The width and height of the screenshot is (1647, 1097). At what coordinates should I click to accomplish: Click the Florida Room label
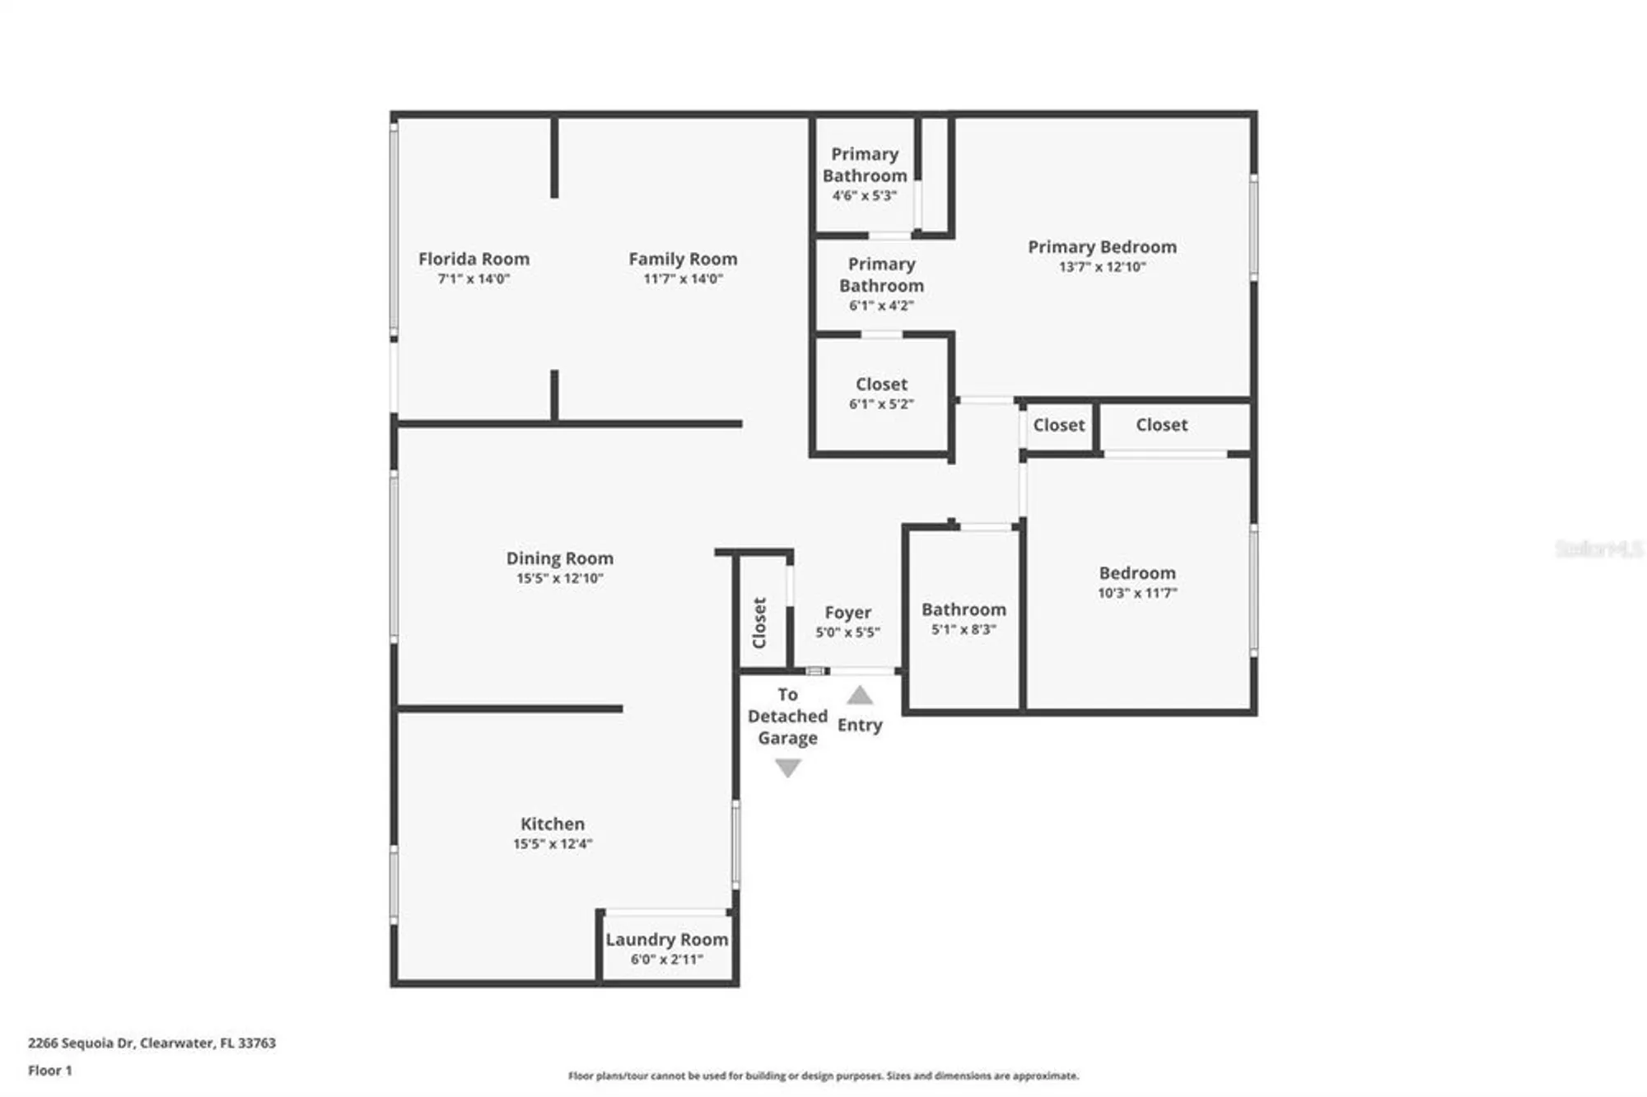(474, 259)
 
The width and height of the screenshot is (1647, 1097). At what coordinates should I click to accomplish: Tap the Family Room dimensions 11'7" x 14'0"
(683, 279)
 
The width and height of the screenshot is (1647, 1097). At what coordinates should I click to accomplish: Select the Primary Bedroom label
(1102, 247)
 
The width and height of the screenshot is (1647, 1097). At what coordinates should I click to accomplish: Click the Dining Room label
(559, 558)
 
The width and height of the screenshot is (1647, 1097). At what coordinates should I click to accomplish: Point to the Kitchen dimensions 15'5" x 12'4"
(553, 844)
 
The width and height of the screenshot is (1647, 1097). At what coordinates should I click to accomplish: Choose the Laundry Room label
(666, 940)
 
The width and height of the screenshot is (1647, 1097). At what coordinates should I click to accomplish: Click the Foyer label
(847, 613)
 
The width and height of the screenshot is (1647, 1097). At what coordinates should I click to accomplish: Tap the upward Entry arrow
(860, 696)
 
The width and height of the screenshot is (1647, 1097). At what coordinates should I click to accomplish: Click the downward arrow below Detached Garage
(788, 768)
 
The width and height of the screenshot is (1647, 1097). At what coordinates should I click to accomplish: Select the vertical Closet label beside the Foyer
(759, 623)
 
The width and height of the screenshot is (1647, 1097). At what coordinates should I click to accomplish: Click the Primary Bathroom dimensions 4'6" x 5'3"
(864, 196)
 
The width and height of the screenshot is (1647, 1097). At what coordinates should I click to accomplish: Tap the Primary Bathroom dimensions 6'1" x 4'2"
(881, 306)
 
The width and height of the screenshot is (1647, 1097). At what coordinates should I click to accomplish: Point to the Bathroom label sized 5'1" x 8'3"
(963, 609)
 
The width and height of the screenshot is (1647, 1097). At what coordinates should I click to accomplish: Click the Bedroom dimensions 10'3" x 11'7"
(1137, 593)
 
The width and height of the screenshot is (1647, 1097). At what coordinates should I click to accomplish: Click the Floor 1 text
(49, 1071)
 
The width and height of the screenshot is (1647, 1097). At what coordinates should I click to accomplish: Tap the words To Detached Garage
(787, 717)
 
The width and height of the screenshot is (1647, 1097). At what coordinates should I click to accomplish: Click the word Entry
(860, 726)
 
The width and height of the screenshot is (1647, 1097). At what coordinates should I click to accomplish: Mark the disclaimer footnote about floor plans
(823, 1076)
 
